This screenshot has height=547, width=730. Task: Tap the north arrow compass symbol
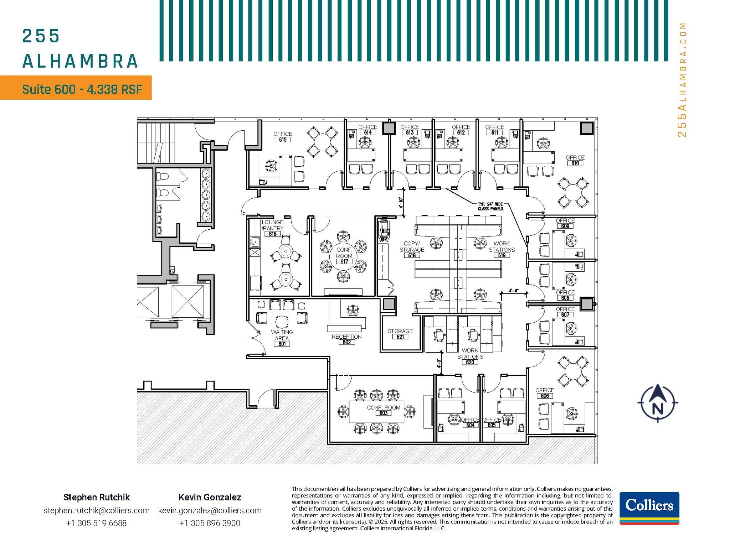pyautogui.click(x=658, y=403)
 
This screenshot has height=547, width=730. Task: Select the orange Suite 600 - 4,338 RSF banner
pyautogui.click(x=76, y=88)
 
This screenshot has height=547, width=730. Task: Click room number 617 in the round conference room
pyautogui.click(x=344, y=262)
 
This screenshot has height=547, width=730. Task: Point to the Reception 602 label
pyautogui.click(x=346, y=339)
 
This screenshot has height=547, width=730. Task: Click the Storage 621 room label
pyautogui.click(x=400, y=334)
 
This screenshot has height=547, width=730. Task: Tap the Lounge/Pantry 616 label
pyautogui.click(x=273, y=228)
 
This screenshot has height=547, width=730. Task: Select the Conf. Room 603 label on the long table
pyautogui.click(x=384, y=410)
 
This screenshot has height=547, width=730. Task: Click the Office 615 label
pyautogui.click(x=283, y=136)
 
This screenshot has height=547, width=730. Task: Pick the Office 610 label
pyautogui.click(x=575, y=160)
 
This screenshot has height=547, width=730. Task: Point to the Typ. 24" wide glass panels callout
pyautogui.click(x=490, y=206)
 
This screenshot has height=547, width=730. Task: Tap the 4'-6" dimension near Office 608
pyautogui.click(x=514, y=291)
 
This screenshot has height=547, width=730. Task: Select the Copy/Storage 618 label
pyautogui.click(x=412, y=249)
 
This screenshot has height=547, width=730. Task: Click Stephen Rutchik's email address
pyautogui.click(x=96, y=510)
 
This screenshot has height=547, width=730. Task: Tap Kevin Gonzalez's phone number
pyautogui.click(x=210, y=523)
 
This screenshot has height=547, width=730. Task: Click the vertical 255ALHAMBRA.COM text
pyautogui.click(x=682, y=79)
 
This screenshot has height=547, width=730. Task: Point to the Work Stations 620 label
pyautogui.click(x=470, y=356)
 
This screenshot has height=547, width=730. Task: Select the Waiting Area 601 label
pyautogui.click(x=282, y=338)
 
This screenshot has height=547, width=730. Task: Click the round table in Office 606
pyautogui.click(x=573, y=371)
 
